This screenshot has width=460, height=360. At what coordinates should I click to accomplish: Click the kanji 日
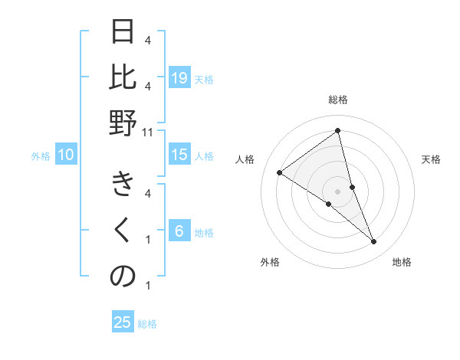point(123,32)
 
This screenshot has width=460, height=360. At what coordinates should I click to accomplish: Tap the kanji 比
point(123,77)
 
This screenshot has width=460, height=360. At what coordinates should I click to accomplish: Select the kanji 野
point(123,123)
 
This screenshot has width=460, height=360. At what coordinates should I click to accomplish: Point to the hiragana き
point(123,185)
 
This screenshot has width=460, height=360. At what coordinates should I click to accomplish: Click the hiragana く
point(123,231)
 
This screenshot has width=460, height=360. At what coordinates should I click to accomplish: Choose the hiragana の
point(123,277)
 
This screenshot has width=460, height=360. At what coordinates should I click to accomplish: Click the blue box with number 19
point(179,78)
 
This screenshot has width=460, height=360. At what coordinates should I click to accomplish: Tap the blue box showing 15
point(179,155)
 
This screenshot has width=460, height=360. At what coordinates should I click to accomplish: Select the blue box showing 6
point(179,232)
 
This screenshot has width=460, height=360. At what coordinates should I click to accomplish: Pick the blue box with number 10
point(66,155)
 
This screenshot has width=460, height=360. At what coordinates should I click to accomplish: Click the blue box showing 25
point(123,322)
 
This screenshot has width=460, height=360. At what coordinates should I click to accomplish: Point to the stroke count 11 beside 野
point(149,132)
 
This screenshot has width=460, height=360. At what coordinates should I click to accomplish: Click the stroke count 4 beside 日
point(148,40)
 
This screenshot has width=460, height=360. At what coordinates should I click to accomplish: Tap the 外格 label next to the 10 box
point(41,156)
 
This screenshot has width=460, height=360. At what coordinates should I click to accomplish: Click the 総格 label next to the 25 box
point(147,324)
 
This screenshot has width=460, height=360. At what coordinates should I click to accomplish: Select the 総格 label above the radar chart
point(337,100)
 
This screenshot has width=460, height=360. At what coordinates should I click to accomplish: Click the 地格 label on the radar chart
point(402,262)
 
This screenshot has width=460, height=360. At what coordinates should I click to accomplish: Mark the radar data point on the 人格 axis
point(279,172)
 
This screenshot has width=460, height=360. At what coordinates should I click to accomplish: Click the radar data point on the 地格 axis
point(373,242)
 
